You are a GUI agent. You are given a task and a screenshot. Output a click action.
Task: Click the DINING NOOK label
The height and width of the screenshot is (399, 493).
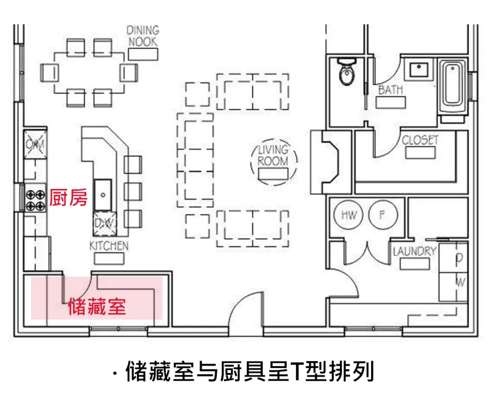pos(142,36)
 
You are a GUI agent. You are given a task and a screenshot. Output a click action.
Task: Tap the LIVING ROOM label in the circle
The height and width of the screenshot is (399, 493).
pos(273,155)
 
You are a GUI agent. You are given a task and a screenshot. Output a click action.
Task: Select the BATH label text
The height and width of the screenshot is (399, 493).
pos(390,90)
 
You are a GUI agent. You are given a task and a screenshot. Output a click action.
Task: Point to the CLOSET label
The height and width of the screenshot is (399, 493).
pos(420,140)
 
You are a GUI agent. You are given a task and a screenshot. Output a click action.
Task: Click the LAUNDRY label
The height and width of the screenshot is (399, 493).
pos(415,252)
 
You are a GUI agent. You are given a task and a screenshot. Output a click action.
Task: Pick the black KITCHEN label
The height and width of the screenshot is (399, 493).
pos(109,245)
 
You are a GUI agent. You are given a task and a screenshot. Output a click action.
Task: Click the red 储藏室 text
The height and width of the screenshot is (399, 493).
pos(97,306)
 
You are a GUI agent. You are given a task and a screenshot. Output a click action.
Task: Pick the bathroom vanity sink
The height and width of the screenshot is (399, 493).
pos(419,70)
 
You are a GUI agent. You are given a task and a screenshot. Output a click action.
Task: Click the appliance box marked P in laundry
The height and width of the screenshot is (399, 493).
pos(459,258)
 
